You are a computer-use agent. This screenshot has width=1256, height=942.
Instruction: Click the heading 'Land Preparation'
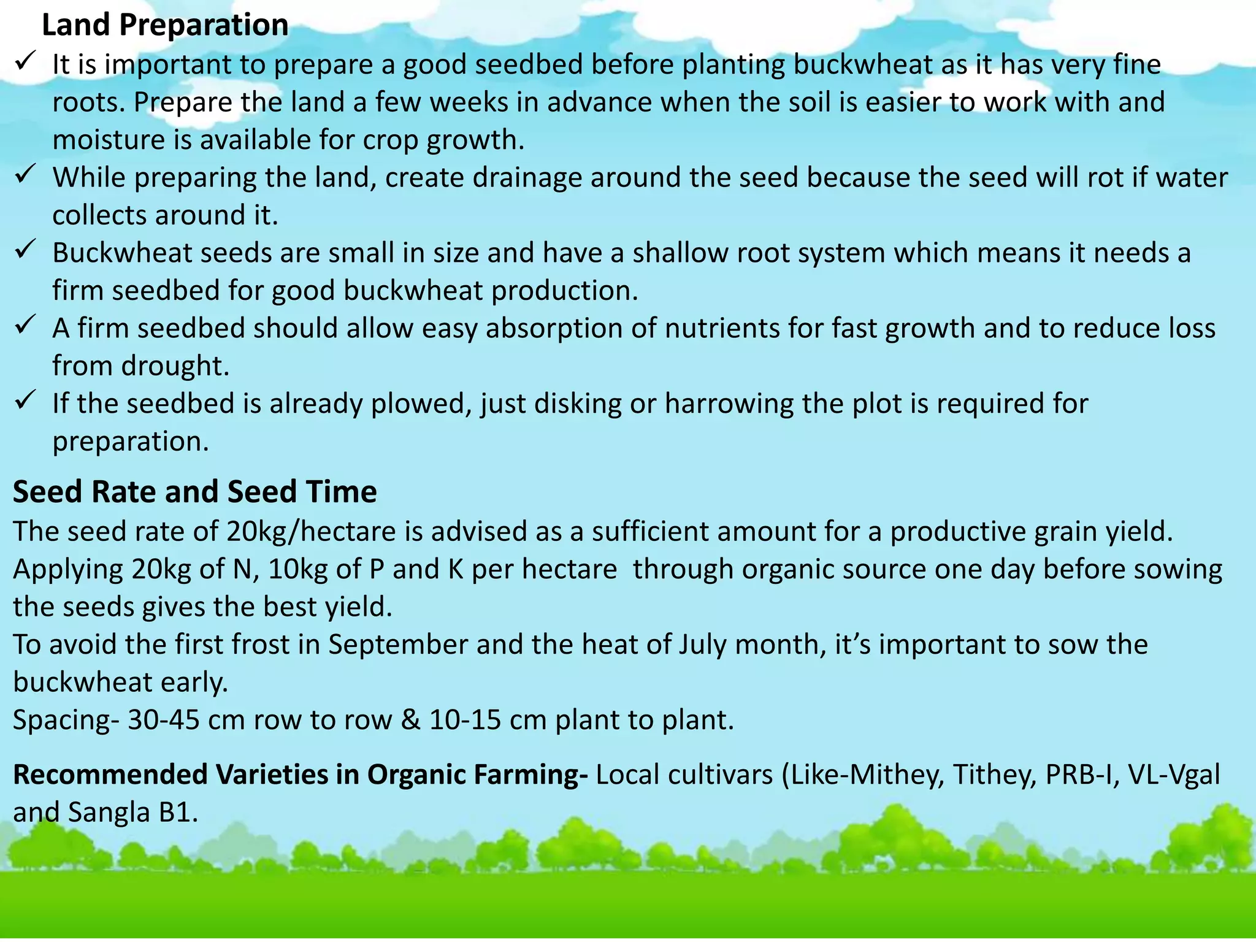click(165, 25)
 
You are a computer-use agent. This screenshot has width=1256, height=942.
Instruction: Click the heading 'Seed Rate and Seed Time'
click(194, 492)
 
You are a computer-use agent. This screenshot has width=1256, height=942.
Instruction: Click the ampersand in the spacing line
click(410, 720)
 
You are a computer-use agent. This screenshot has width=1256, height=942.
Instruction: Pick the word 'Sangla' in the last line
click(109, 813)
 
